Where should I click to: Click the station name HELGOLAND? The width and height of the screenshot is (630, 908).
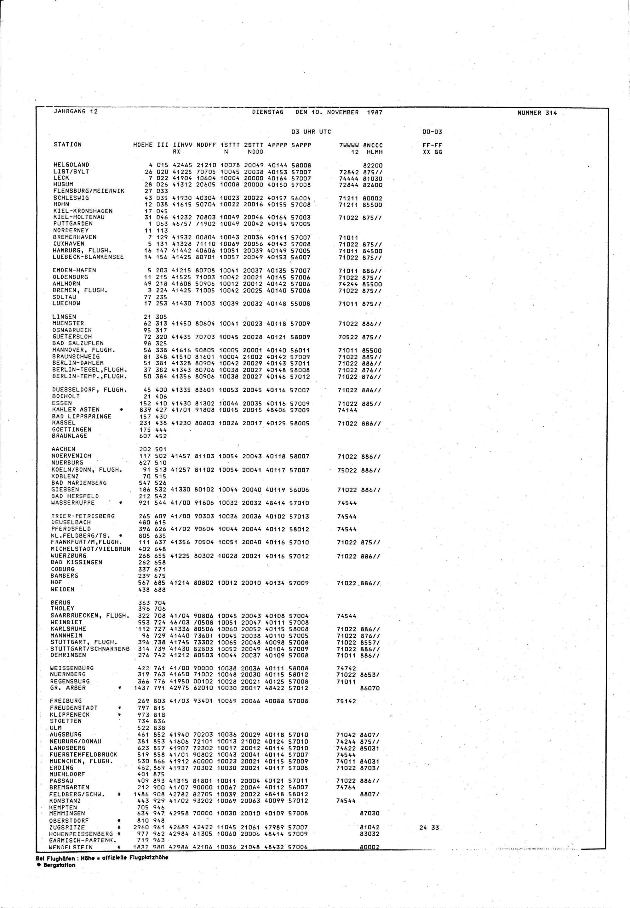click(72, 165)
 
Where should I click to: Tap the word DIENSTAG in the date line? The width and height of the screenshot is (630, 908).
click(268, 112)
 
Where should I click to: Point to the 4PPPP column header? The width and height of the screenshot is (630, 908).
click(277, 145)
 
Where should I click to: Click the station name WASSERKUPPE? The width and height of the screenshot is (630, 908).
click(73, 503)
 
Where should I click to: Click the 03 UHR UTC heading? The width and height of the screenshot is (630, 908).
click(311, 132)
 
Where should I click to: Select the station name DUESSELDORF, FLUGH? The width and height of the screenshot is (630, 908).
click(89, 390)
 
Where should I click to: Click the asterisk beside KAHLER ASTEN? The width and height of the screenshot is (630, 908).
click(122, 410)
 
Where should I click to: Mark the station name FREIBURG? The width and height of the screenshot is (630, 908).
click(66, 701)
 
